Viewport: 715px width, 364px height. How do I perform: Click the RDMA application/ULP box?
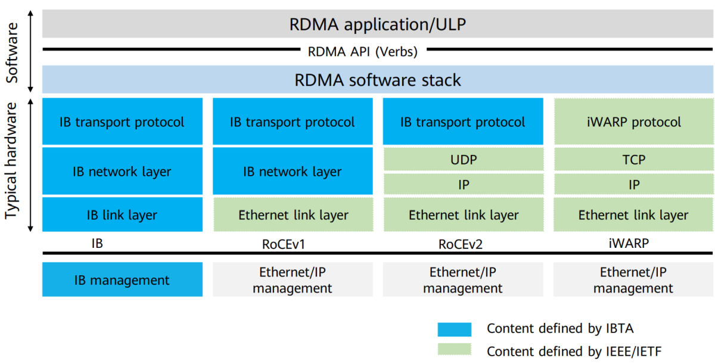[x=378, y=24]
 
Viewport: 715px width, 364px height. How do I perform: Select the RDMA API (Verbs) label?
[x=362, y=52]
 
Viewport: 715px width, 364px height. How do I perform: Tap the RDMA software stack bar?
[x=378, y=80]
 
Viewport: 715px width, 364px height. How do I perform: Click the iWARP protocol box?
[x=633, y=122]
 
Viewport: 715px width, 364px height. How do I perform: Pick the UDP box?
[x=463, y=160]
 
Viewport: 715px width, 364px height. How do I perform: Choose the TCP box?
[x=633, y=160]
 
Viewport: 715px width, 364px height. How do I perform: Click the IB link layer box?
[x=122, y=214]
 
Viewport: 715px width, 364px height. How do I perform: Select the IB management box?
[x=122, y=280]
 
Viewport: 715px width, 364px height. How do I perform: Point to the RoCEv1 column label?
[x=292, y=244]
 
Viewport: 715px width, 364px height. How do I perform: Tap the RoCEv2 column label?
[x=463, y=244]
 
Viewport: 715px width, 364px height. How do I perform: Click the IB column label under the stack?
[x=97, y=244]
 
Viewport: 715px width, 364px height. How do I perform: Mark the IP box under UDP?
[x=463, y=185]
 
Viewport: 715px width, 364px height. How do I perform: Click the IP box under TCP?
[x=633, y=185]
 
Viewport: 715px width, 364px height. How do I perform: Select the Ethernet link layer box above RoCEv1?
[x=293, y=214]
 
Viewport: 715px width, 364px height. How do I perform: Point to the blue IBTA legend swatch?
[x=454, y=329]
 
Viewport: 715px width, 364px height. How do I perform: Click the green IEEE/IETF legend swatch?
[x=454, y=350]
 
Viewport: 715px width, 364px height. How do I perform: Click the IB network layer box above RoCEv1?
[x=293, y=172]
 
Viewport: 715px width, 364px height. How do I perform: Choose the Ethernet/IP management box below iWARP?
[x=633, y=280]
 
